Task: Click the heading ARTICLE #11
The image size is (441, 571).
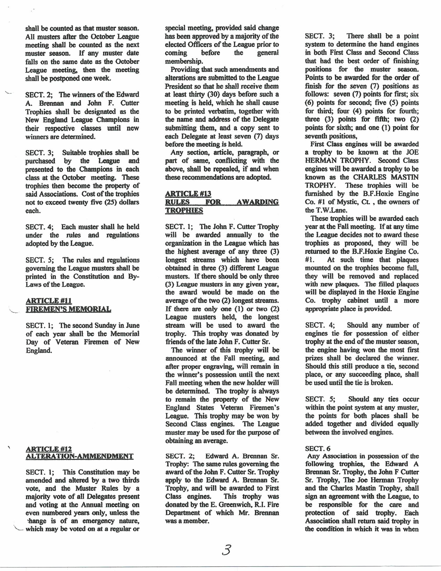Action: pyautogui.click(x=49, y=301)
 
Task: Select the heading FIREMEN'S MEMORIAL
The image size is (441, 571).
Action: pyautogui.click(x=68, y=309)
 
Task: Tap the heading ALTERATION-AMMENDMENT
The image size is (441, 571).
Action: pyautogui.click(x=80, y=456)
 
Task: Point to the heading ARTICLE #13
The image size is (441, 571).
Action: pyautogui.click(x=188, y=194)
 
